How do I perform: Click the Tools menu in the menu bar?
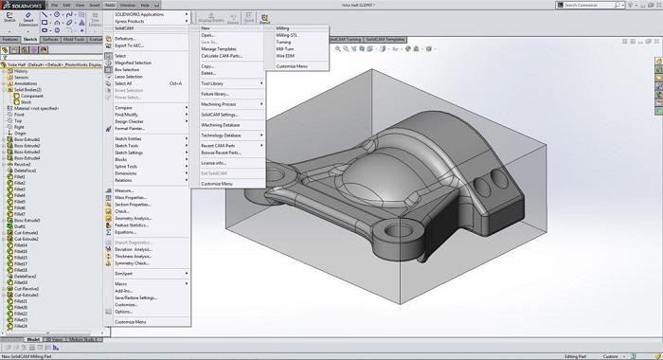point(109,5)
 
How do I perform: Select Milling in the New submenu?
point(283,28)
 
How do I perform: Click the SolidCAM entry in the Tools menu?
point(125,28)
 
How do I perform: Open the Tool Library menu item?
point(216,83)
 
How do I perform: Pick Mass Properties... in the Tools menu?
point(133,197)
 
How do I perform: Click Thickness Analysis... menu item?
point(134,256)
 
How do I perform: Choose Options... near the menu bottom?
point(124,311)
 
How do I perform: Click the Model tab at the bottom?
point(33,338)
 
